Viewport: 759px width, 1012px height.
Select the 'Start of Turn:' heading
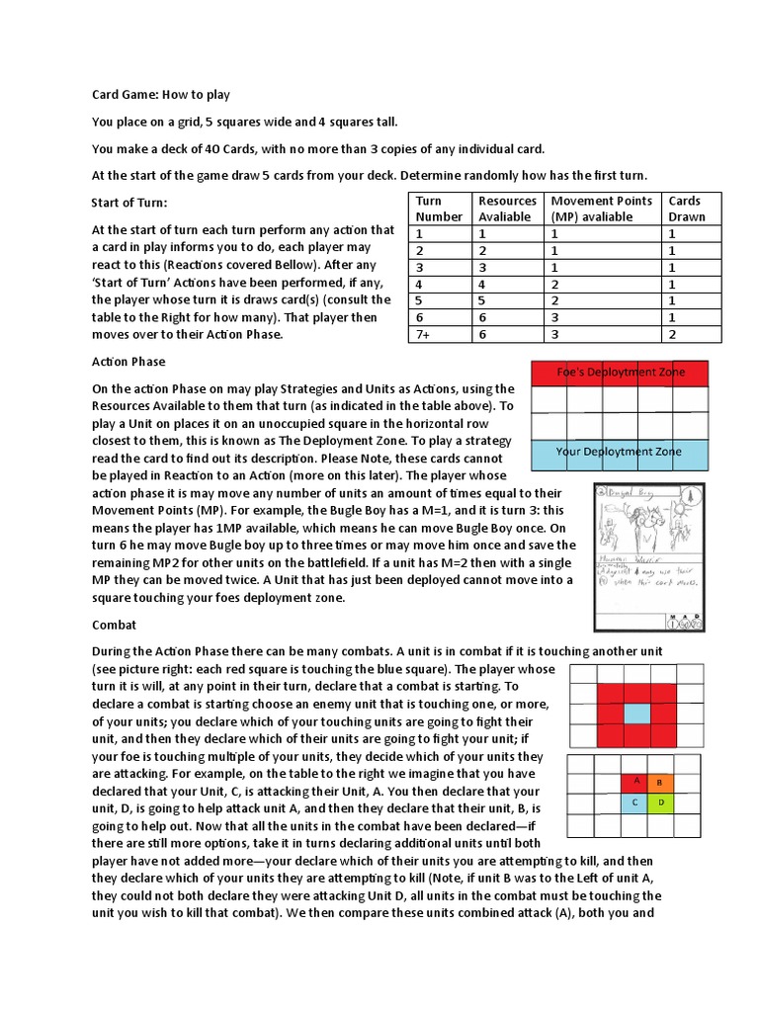tap(129, 203)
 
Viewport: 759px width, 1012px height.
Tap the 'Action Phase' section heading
tap(128, 362)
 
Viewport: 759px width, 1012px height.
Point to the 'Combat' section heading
tap(114, 626)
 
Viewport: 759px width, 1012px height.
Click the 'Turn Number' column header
tap(439, 209)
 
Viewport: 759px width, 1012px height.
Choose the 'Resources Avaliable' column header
tap(508, 209)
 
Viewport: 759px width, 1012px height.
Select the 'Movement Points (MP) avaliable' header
tap(602, 209)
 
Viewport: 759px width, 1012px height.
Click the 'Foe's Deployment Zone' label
tap(620, 373)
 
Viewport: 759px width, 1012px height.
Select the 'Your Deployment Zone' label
tap(620, 453)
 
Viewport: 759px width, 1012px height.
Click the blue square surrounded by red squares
tap(636, 715)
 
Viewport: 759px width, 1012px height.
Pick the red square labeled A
tap(636, 782)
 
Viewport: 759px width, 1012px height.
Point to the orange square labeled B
tap(659, 782)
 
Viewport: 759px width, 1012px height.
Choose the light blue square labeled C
tap(636, 802)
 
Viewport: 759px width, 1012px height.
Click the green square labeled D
tap(659, 802)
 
